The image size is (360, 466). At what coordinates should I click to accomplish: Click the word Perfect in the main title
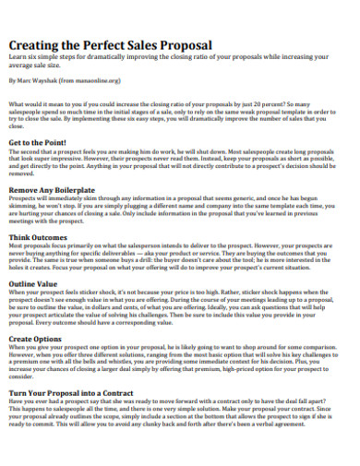coord(107,45)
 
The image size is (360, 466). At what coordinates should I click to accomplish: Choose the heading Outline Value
coord(36,284)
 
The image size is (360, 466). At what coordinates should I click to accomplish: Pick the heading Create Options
coord(38,339)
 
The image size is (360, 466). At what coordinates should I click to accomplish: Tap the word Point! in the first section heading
coord(59,143)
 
